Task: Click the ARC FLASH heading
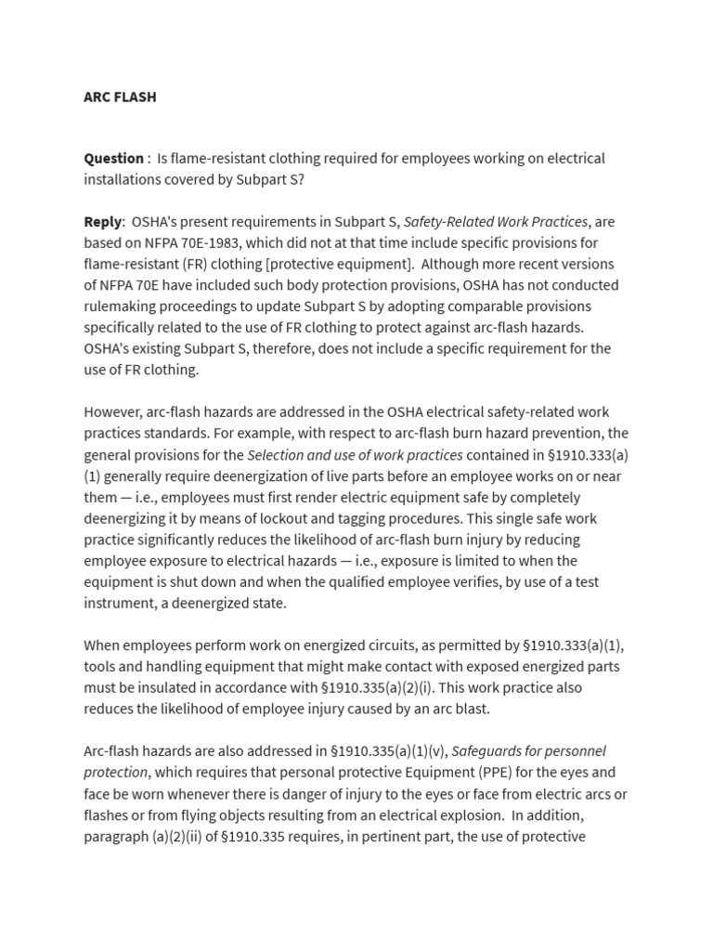(x=120, y=97)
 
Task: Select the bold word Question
(x=113, y=158)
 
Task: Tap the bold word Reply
(x=102, y=221)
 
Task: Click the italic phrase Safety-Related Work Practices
(x=495, y=221)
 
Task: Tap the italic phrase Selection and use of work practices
(x=355, y=454)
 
